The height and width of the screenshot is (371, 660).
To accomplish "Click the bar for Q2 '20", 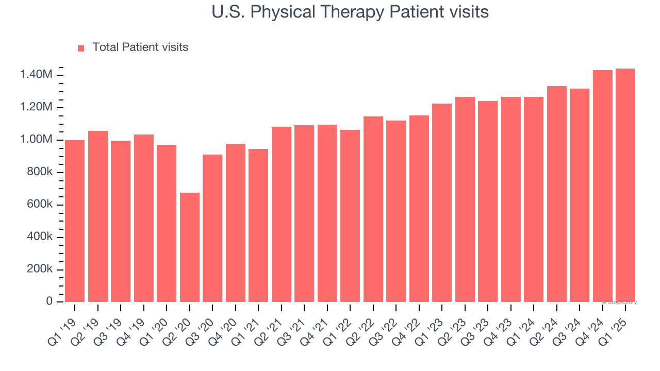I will pyautogui.click(x=190, y=247).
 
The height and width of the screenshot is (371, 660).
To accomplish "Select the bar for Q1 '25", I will pyautogui.click(x=625, y=185).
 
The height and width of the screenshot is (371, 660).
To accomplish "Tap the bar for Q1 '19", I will pyautogui.click(x=75, y=221).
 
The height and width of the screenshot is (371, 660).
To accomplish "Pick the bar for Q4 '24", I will pyautogui.click(x=602, y=186).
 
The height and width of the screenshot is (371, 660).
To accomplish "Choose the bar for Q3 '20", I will pyautogui.click(x=212, y=228).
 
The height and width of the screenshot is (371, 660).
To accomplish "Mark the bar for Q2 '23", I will pyautogui.click(x=465, y=199).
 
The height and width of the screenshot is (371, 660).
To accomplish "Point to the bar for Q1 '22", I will pyautogui.click(x=350, y=216).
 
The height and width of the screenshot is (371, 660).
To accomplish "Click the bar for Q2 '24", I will pyautogui.click(x=557, y=194).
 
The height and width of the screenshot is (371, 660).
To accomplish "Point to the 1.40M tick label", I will pyautogui.click(x=36, y=75).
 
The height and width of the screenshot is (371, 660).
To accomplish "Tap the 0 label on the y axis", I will pyautogui.click(x=49, y=302).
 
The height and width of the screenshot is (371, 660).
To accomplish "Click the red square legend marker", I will pyautogui.click(x=81, y=48).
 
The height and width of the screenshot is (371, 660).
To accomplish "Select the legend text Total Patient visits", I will pyautogui.click(x=140, y=47).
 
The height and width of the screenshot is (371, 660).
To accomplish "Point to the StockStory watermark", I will pyautogui.click(x=621, y=302).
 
